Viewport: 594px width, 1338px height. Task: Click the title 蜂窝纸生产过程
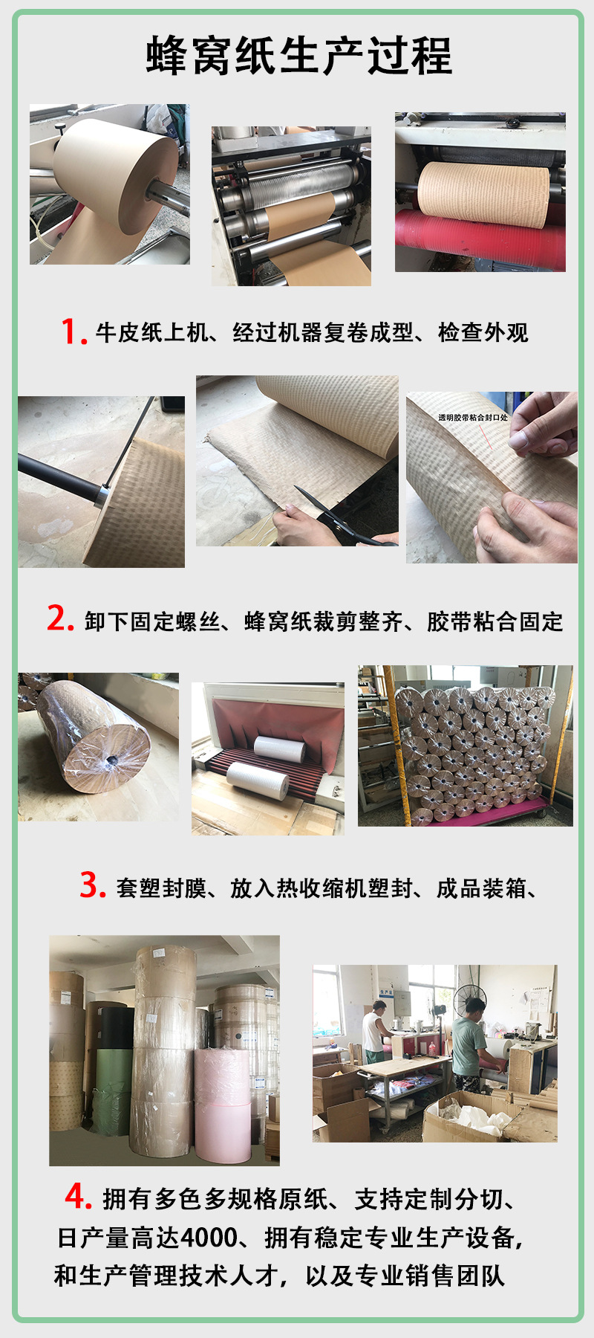coord(299,56)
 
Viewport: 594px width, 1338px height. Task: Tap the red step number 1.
coord(74,332)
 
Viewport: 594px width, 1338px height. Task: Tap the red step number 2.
coord(60,618)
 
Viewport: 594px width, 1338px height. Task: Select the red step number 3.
coord(93,885)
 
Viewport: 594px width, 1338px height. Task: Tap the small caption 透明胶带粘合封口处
coord(472,418)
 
